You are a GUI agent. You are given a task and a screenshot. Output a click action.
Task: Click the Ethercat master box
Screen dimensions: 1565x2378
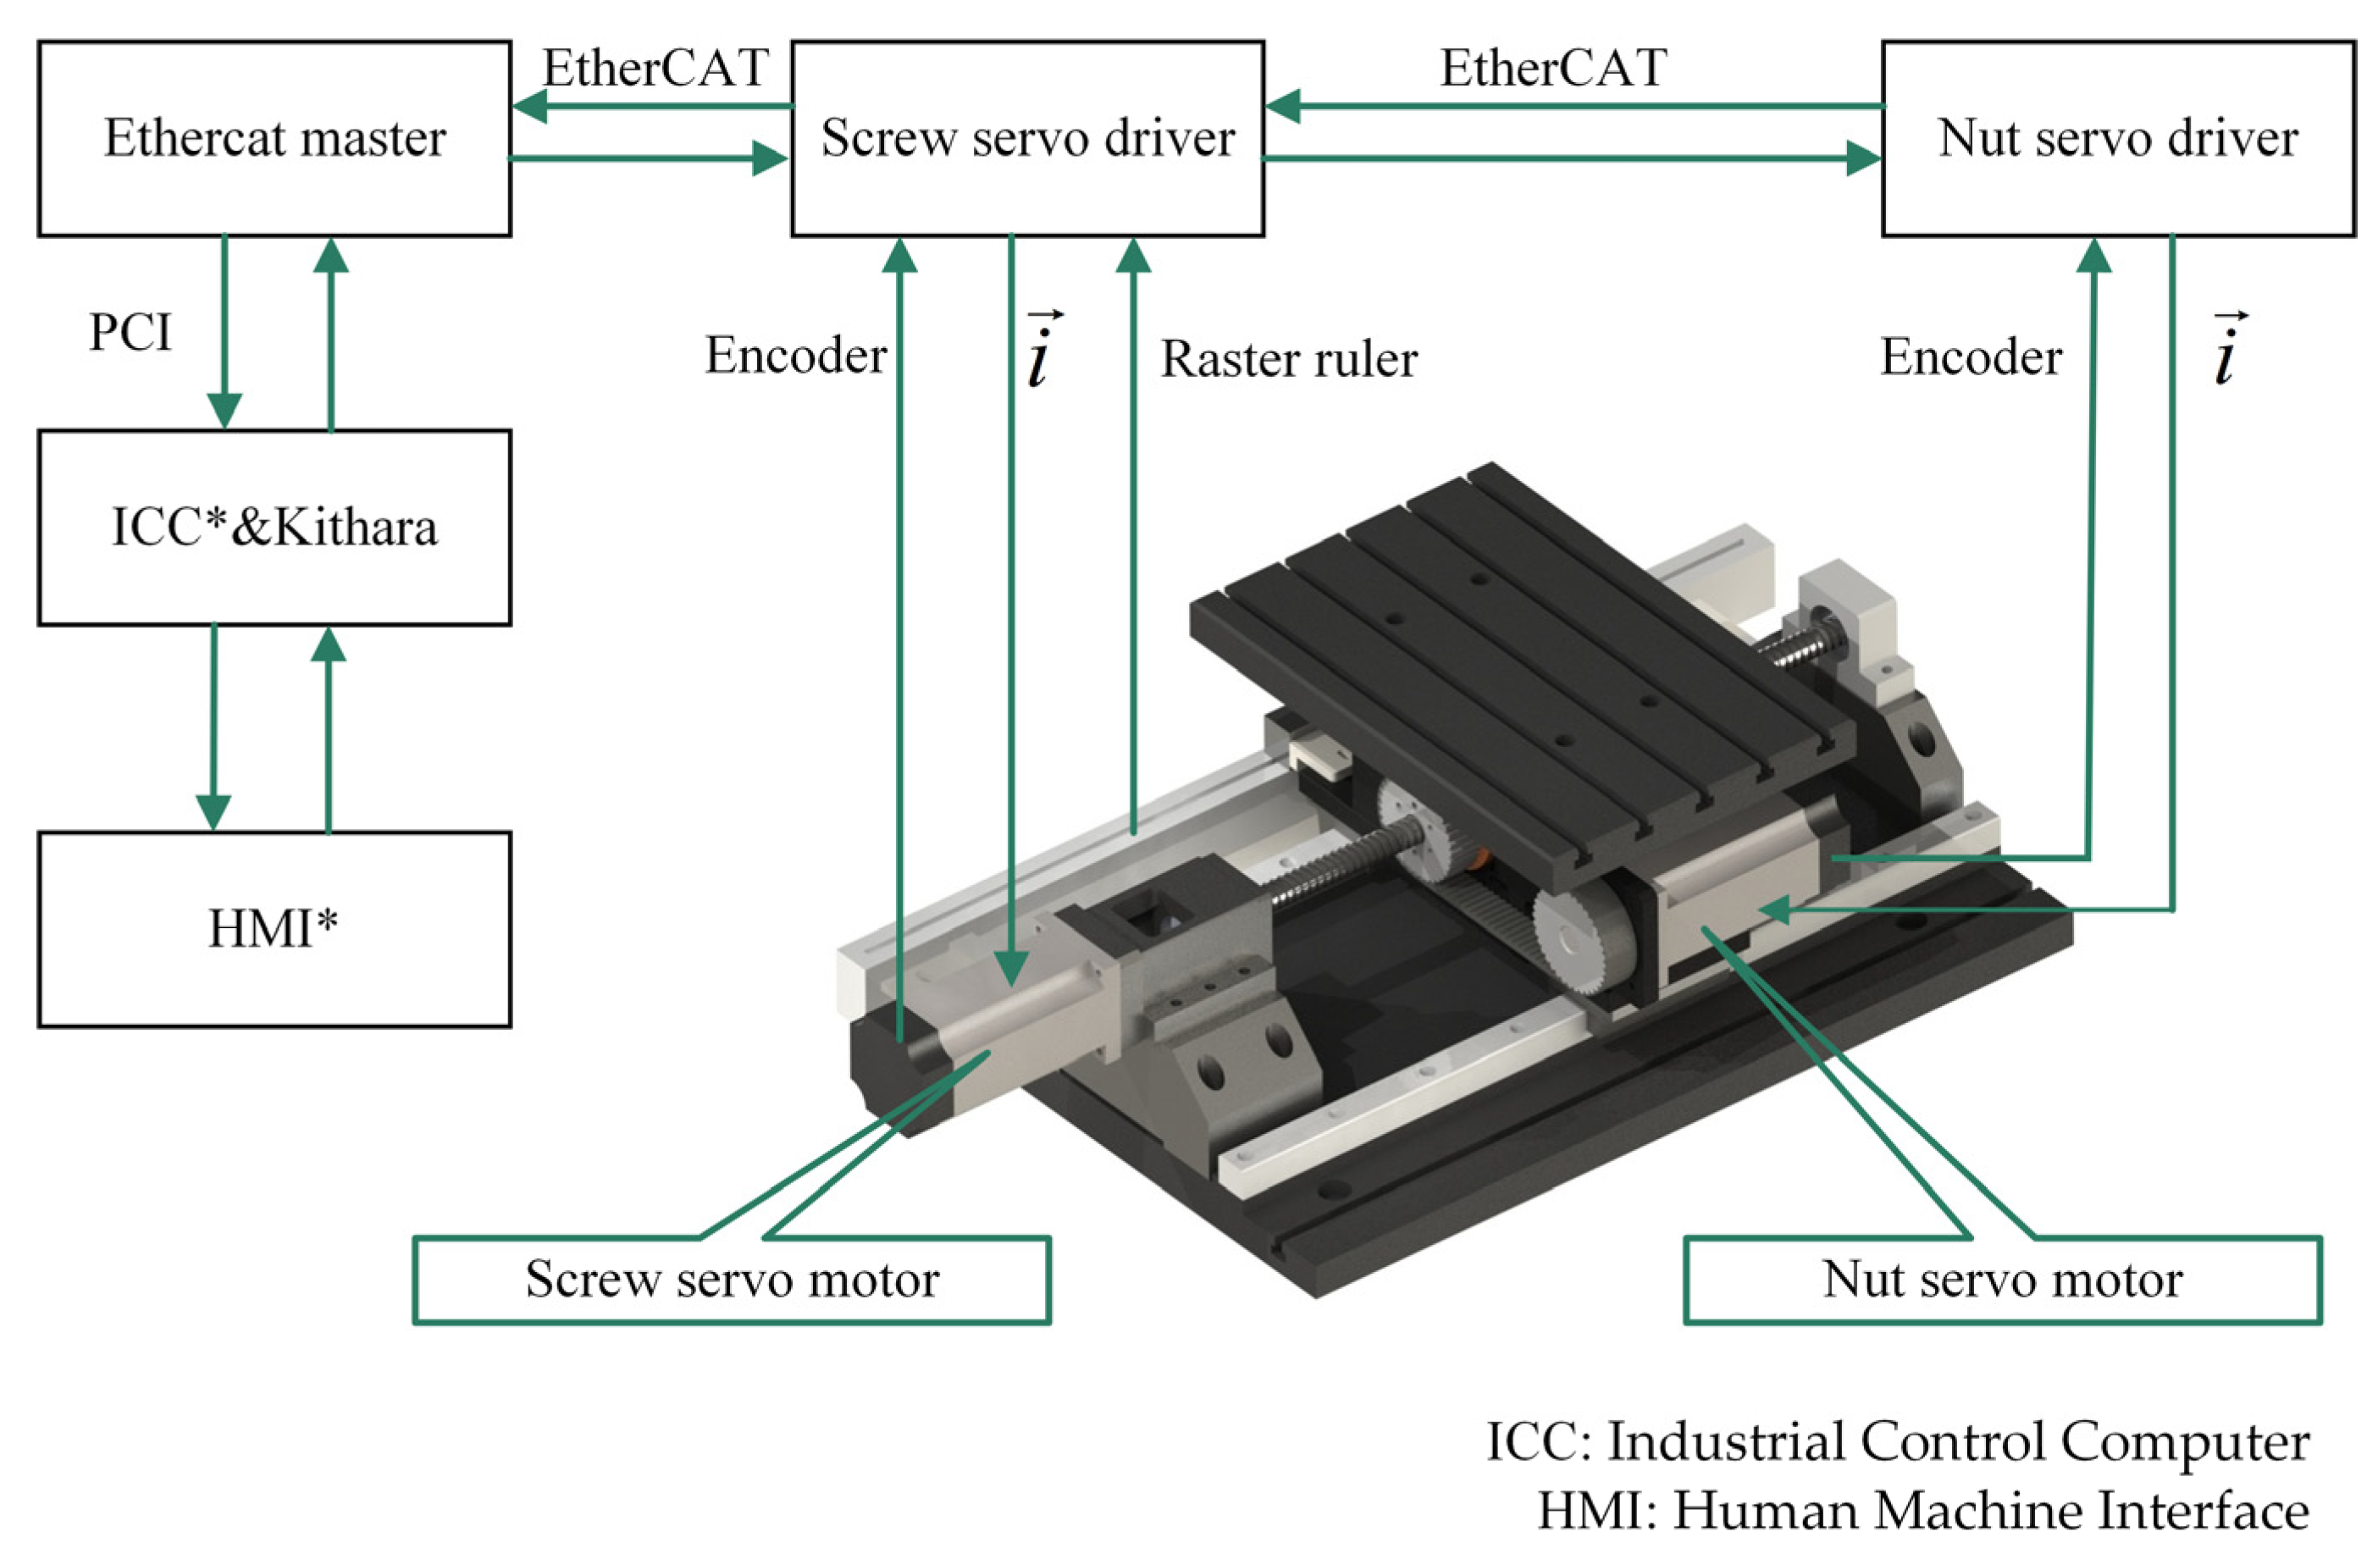pyautogui.click(x=274, y=138)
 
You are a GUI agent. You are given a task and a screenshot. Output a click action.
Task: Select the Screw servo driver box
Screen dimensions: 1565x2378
pyautogui.click(x=1027, y=138)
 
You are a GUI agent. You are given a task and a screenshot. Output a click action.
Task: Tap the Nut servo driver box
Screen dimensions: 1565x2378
pyautogui.click(x=2117, y=138)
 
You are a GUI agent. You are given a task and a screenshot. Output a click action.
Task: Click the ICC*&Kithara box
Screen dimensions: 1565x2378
pyautogui.click(x=274, y=528)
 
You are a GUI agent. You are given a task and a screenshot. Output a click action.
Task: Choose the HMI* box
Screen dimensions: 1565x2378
pyautogui.click(x=274, y=929)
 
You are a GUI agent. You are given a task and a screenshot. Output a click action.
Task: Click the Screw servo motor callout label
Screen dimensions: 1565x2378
pyautogui.click(x=732, y=1280)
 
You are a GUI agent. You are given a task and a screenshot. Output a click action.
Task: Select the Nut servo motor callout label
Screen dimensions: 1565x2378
pyautogui.click(x=2001, y=1280)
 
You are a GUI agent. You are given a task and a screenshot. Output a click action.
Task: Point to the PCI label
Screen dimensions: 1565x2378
pyautogui.click(x=130, y=332)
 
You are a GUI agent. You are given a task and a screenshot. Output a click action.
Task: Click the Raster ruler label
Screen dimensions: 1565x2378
pyautogui.click(x=1288, y=360)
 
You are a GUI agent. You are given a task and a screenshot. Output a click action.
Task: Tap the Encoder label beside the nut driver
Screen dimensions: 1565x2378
pyautogui.click(x=1971, y=357)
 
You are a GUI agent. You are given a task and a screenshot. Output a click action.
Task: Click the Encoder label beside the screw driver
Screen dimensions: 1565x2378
pyautogui.click(x=795, y=355)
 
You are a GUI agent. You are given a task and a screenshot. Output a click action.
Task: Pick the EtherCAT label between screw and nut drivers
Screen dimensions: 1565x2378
pyautogui.click(x=1552, y=68)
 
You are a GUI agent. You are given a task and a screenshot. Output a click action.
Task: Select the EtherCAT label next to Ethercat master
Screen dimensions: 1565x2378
pyautogui.click(x=655, y=68)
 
